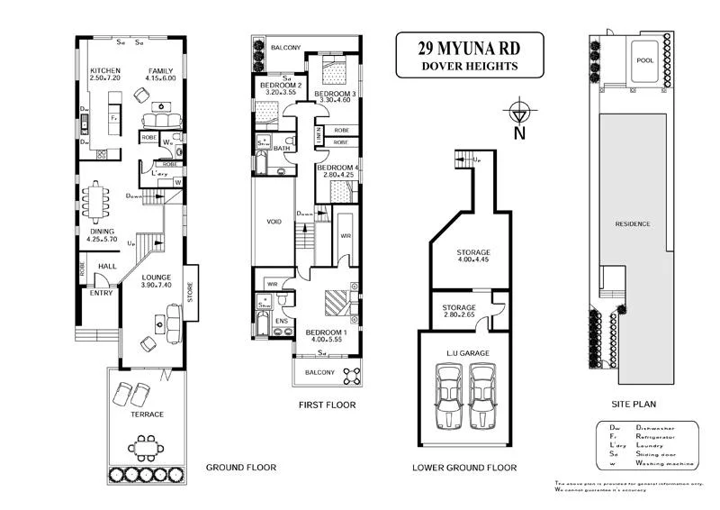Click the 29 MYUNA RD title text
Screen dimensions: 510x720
point(469,47)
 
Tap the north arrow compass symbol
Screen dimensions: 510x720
point(518,114)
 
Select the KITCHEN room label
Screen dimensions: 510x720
point(104,70)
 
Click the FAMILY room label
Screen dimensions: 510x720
point(162,70)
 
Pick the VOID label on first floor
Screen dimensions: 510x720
point(276,220)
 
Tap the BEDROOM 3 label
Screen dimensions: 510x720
point(335,94)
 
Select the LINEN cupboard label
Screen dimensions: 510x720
point(318,135)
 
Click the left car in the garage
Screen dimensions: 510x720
point(451,397)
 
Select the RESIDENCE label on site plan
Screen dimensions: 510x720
point(634,223)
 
